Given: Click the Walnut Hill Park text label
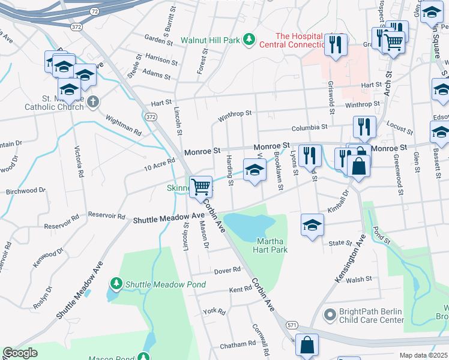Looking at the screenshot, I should coord(210,41).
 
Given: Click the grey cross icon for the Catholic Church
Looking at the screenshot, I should coord(92,101).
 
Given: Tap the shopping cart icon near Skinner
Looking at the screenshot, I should coord(200,186).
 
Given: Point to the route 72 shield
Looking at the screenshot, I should coord(95,11).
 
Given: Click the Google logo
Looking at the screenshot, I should coord(20,353).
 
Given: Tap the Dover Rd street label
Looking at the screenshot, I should coord(228,270).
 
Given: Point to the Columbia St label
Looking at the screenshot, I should coord(310,127).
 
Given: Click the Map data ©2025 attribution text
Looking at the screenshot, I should coord(423,355).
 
